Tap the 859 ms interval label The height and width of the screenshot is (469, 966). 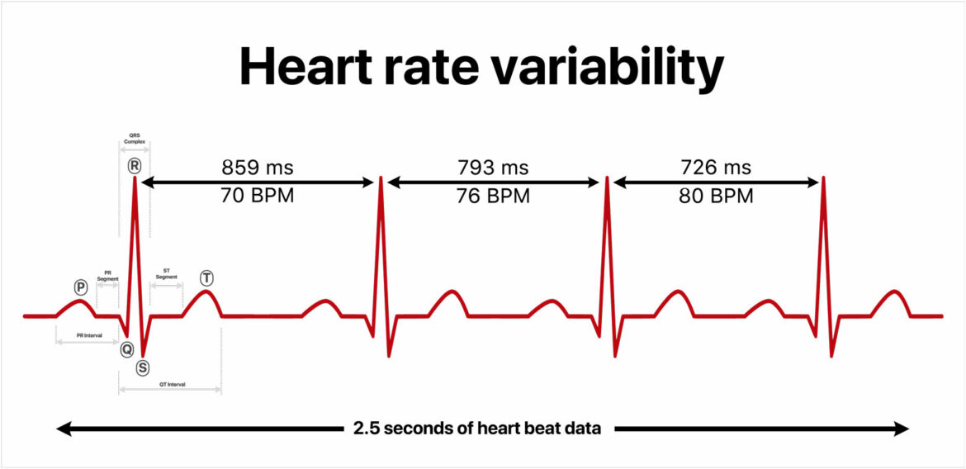point(257,168)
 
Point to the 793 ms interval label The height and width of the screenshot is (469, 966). point(494,168)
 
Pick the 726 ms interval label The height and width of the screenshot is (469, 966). point(716,168)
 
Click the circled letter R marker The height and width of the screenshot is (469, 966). point(135,165)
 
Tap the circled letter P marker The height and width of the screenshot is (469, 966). point(80,287)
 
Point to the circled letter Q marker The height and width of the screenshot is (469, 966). point(126,349)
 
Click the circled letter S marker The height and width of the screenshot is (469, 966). point(143,367)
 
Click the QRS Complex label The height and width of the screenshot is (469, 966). point(135,138)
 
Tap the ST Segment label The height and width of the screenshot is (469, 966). point(166,273)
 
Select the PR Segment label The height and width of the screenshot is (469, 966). point(108,275)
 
